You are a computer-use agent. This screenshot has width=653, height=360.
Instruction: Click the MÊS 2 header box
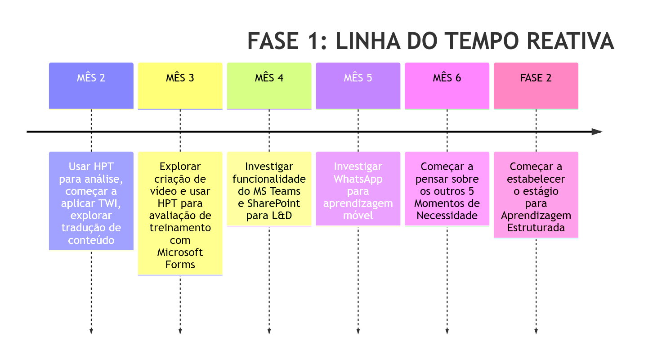point(91,86)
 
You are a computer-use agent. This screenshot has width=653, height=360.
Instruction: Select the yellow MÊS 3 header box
point(180,86)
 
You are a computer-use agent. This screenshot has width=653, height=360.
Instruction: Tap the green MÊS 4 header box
point(269,86)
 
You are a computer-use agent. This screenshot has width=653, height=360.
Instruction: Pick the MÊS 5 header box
point(358,86)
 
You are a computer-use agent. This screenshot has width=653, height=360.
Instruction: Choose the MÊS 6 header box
point(447,86)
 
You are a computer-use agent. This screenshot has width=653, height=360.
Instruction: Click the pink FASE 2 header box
point(536,86)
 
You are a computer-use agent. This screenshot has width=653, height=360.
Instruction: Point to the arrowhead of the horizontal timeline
point(597,132)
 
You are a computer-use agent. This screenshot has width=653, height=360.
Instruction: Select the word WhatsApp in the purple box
point(358,179)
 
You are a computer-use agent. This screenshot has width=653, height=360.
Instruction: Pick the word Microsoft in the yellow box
point(180,252)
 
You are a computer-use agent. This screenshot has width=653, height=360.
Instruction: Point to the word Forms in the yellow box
point(180,265)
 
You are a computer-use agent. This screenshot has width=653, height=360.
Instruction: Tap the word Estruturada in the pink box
point(536,228)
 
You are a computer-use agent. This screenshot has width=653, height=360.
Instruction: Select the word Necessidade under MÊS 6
point(447,216)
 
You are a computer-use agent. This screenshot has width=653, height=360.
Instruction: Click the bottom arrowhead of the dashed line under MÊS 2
point(91,331)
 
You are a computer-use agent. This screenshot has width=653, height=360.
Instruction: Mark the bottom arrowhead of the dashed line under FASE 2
point(536,331)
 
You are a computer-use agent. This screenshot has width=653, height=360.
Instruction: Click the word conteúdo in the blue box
point(91,240)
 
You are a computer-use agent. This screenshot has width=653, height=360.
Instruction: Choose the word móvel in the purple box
point(358,216)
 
